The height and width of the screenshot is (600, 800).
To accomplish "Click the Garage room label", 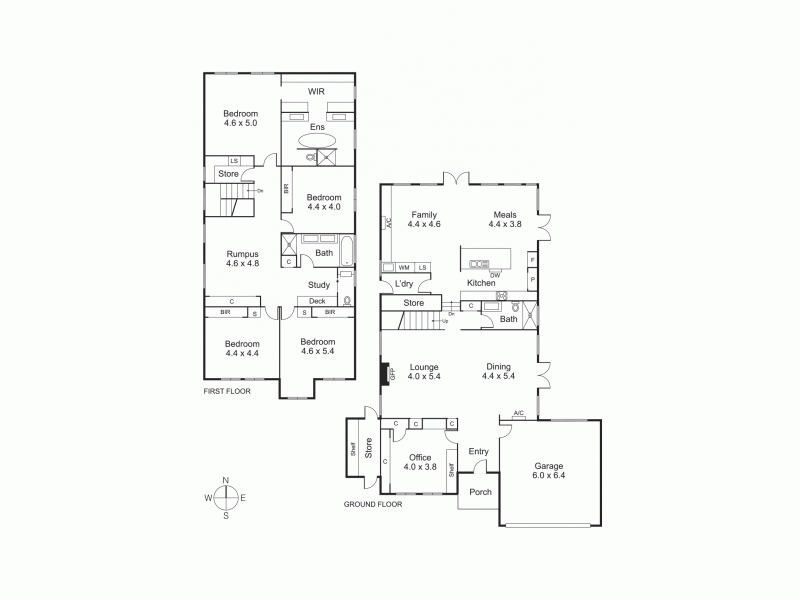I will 548,466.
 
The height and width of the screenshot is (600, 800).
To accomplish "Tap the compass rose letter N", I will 226,481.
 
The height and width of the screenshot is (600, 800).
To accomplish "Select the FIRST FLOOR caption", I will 227,391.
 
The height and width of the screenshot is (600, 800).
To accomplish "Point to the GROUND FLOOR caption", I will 373,505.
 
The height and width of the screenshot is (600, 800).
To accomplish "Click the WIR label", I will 317,91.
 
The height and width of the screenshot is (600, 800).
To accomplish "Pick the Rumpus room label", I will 242,253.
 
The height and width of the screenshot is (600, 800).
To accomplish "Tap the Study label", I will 318,285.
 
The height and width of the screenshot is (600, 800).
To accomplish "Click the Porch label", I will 479,492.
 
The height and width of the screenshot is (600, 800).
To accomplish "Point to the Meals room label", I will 505,215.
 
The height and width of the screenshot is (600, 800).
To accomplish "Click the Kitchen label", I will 481,284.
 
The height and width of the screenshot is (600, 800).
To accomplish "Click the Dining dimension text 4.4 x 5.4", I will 498,377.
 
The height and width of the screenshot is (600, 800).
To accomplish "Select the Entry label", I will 478,452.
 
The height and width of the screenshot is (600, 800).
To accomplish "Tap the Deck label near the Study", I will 317,301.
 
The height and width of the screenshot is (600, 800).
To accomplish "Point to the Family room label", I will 424,215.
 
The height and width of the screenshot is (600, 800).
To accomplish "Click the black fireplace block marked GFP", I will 383,373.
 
